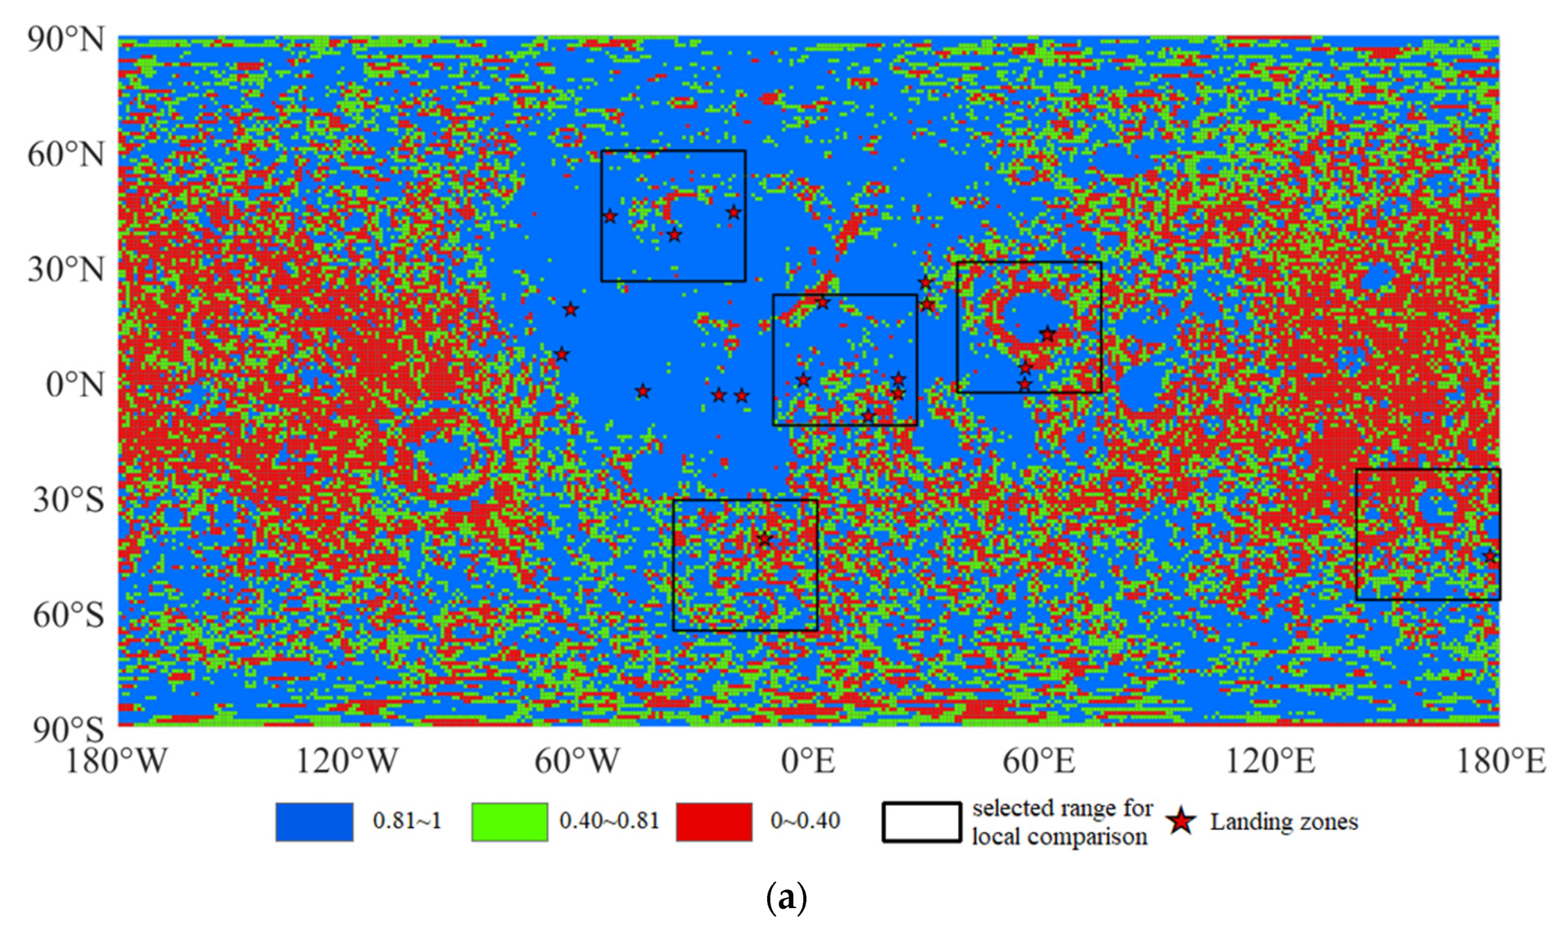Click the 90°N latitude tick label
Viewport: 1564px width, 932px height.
coord(65,41)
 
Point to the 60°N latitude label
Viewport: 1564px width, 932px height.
coord(65,155)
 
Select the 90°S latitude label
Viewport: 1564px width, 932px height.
coord(68,730)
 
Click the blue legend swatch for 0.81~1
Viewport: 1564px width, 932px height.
coord(314,822)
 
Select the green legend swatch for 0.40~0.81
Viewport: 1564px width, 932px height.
coord(509,822)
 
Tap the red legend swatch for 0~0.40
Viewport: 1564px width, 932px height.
coord(714,822)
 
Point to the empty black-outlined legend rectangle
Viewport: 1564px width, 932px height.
coord(921,822)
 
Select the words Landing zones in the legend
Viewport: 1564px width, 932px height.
coord(1284,822)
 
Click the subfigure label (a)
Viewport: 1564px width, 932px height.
coord(786,898)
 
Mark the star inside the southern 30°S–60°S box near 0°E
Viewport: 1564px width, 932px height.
coord(764,539)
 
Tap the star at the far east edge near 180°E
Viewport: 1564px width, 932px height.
coord(1491,556)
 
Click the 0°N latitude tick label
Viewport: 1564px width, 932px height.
coord(75,385)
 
